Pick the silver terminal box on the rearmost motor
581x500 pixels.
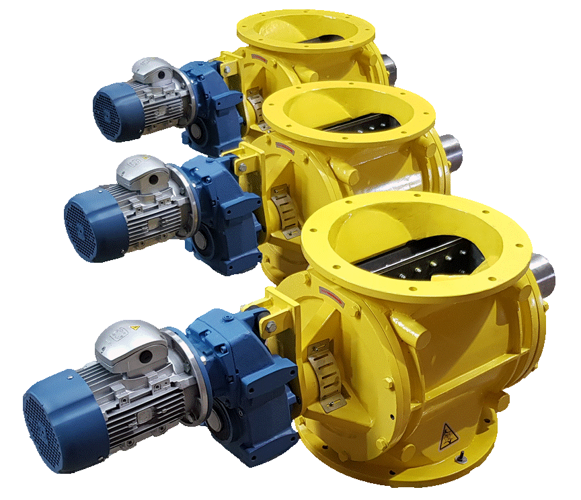pyautogui.click(x=151, y=69)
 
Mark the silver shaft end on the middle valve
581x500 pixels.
pyautogui.click(x=452, y=152)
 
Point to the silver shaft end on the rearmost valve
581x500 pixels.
pyautogui.click(x=389, y=68)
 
